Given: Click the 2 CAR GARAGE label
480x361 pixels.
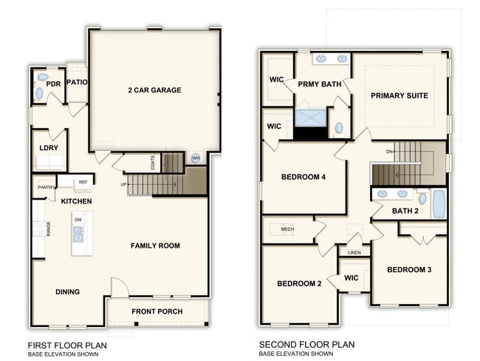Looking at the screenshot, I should click(154, 90).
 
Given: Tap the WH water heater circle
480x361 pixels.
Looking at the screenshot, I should click(196, 158).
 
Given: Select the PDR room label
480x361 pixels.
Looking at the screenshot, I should click(52, 84).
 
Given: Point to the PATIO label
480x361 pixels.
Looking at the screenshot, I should click(78, 82).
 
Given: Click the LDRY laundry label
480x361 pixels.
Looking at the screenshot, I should click(49, 147).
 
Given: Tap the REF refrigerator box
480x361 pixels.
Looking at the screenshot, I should click(83, 181).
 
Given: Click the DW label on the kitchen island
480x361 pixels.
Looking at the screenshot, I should click(78, 220).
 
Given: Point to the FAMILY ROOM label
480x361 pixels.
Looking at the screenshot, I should click(155, 246).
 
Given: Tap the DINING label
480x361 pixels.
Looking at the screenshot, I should click(68, 291).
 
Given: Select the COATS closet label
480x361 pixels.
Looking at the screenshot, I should click(153, 162).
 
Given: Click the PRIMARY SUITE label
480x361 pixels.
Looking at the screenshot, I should click(399, 95).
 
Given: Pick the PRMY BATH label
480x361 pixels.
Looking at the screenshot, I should click(319, 84).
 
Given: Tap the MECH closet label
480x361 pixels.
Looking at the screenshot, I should click(287, 229).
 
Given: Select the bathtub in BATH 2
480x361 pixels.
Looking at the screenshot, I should click(439, 203).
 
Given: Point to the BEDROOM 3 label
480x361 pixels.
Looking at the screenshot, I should click(409, 269).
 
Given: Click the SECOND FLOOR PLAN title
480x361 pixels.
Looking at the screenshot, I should click(306, 345).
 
